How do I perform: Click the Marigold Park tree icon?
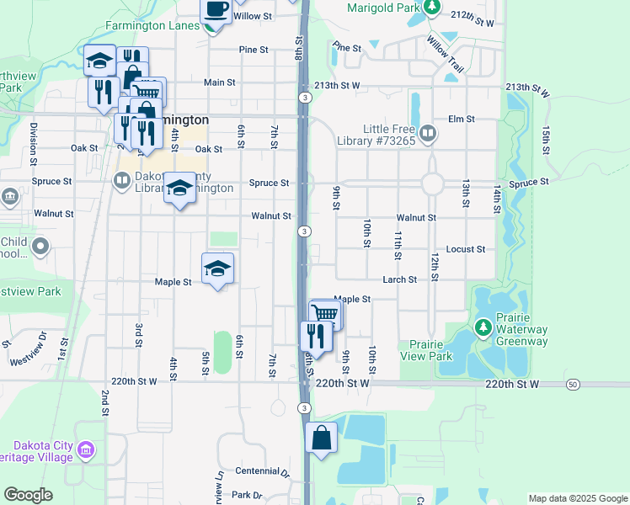(432, 8)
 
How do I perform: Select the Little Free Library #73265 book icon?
(428, 132)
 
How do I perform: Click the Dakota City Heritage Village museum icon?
(85, 450)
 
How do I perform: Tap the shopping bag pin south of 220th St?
(322, 438)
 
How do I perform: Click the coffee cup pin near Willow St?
(215, 9)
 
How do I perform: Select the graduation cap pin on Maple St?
(217, 268)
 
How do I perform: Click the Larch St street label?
(400, 279)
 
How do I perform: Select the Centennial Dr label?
(262, 471)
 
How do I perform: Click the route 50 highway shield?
(573, 384)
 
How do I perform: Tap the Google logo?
(28, 495)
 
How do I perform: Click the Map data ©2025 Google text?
(578, 498)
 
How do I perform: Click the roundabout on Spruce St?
(433, 183)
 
